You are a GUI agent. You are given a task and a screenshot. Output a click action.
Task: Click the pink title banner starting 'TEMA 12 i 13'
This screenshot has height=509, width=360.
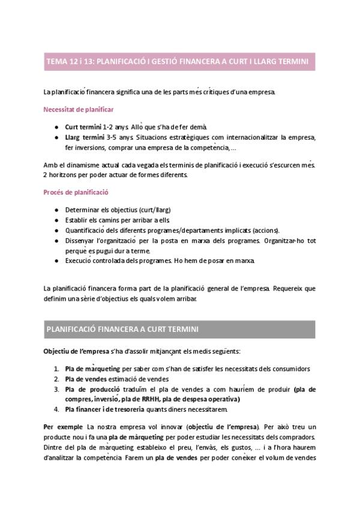click(x=179, y=61)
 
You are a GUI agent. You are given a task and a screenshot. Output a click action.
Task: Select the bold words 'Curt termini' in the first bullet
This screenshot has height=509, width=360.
click(x=83, y=127)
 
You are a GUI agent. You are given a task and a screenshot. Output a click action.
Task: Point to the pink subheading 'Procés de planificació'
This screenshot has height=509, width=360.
click(x=76, y=193)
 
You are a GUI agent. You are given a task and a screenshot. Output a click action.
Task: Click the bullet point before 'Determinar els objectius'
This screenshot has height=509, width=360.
click(x=56, y=210)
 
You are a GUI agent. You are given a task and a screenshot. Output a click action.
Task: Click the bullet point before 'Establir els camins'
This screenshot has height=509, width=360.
click(x=56, y=220)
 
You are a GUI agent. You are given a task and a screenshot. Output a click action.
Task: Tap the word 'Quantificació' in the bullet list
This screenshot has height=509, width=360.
click(x=85, y=230)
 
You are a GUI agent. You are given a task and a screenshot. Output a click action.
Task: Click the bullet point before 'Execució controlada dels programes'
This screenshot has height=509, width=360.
click(x=56, y=261)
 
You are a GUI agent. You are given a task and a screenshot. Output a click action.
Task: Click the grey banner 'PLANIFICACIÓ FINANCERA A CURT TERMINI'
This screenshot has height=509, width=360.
click(x=179, y=330)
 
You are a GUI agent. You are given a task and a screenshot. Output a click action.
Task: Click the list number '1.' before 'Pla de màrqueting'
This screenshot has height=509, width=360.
click(x=56, y=369)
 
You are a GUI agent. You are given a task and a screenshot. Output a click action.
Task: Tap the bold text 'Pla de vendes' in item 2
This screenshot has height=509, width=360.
click(x=86, y=379)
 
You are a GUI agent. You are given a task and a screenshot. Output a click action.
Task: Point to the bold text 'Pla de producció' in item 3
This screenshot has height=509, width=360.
click(x=91, y=389)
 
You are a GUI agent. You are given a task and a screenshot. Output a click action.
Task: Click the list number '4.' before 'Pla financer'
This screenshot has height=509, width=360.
click(x=56, y=409)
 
